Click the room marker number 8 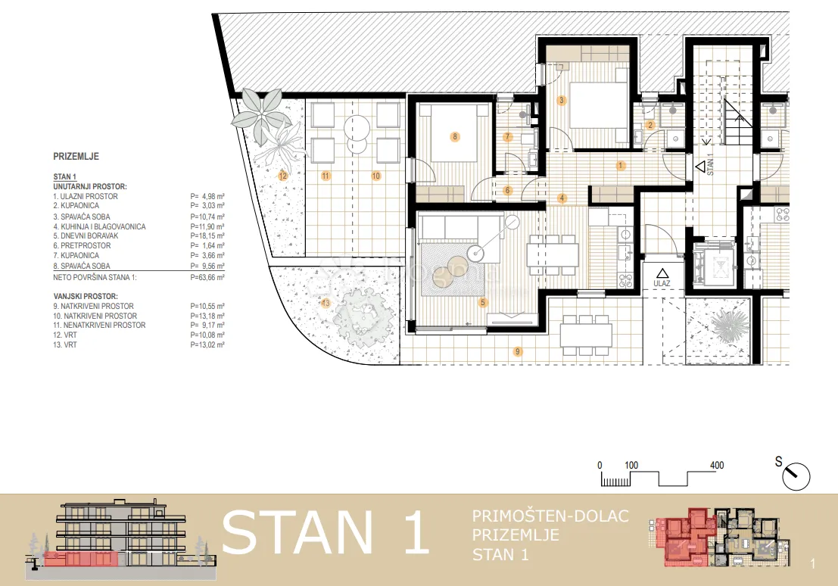tap(455, 136)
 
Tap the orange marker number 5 tap(483, 302)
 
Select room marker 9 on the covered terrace tap(517, 351)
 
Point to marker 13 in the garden tap(326, 303)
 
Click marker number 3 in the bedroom tap(561, 100)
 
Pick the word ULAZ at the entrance tap(662, 283)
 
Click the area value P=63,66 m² tap(207, 278)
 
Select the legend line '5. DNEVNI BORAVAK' tap(86, 235)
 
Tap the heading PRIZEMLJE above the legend tap(76, 157)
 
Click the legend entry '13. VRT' tap(64, 345)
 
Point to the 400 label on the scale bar tap(717, 465)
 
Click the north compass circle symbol tap(796, 476)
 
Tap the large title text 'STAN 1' tap(326, 532)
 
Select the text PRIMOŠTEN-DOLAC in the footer tap(550, 516)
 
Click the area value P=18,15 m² tap(207, 235)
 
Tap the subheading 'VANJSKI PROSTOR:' tap(86, 296)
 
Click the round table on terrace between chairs tap(357, 128)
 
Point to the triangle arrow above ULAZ tap(662, 273)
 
